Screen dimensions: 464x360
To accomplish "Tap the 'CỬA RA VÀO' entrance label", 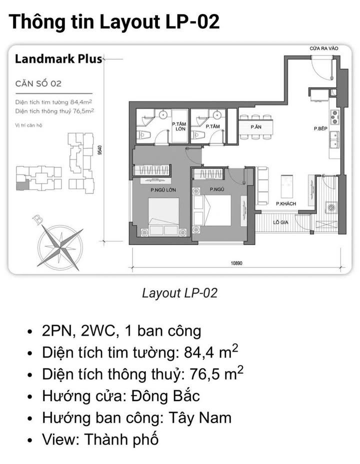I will pos(323,48).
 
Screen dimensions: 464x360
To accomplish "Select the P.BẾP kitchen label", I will pos(320,128).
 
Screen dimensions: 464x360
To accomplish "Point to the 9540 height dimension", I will pos(100,150).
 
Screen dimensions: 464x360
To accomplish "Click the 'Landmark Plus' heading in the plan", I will pos(58,59).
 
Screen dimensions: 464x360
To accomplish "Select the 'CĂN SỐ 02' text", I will pos(38,83).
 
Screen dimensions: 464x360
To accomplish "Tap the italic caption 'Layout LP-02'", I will pos(179,293).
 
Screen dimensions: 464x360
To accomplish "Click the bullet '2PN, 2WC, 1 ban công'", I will pos(122,330).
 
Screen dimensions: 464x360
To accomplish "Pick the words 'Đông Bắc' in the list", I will pos(165,396).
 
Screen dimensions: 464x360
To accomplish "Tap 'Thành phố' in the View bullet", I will pos(121,439).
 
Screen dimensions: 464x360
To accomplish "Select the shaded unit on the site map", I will pos(21,186).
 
